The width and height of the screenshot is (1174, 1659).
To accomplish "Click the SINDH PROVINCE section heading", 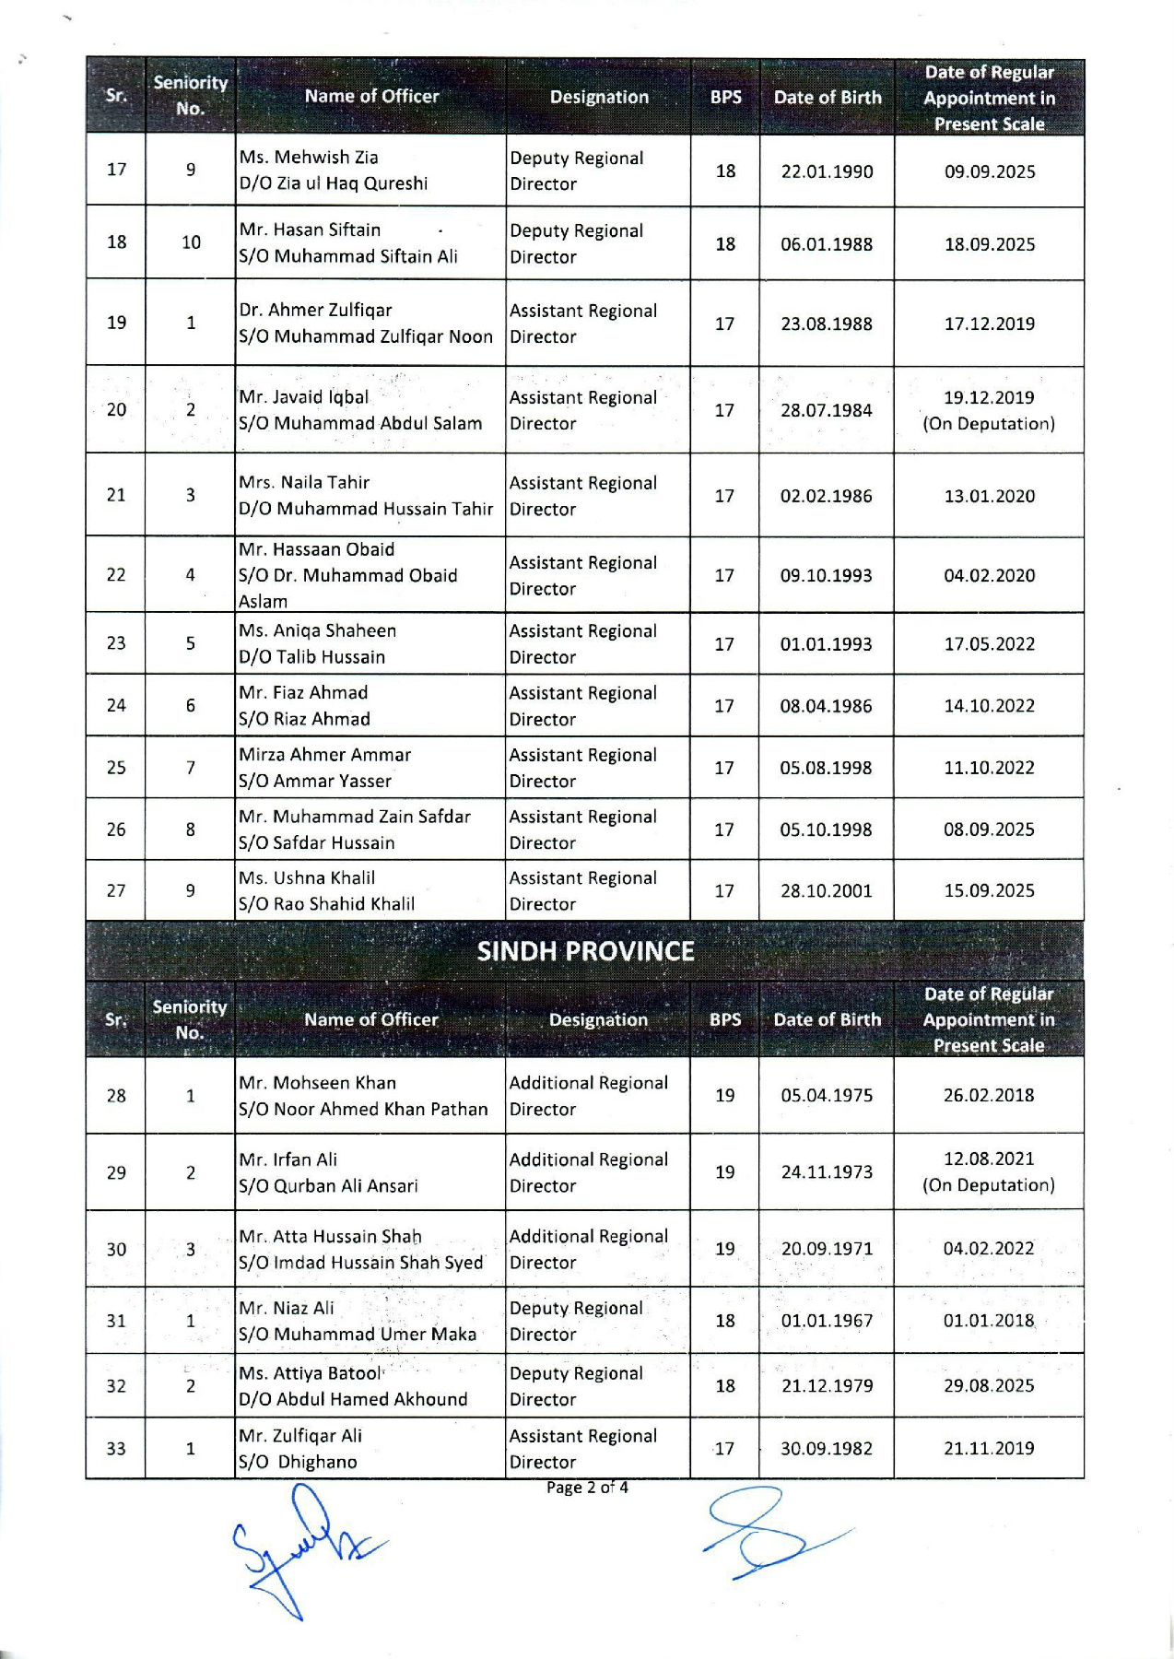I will click(585, 951).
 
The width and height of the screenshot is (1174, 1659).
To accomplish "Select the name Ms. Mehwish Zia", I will click(309, 158).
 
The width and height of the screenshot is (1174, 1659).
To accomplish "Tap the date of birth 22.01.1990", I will click(827, 171).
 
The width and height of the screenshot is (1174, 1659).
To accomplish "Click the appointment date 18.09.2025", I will click(989, 244).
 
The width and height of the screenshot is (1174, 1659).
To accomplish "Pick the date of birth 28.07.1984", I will click(826, 410).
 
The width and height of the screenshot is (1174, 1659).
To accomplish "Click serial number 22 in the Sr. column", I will click(116, 575).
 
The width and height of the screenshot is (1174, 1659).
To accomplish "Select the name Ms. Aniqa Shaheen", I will click(317, 631).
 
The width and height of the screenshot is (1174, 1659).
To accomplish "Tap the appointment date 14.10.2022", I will click(989, 706).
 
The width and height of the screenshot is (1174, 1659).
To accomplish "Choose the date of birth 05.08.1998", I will click(826, 768).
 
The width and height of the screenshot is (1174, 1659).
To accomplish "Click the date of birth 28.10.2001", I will click(826, 891).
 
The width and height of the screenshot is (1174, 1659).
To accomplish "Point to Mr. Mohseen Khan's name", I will click(317, 1083).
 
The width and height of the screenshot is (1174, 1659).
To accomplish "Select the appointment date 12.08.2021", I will click(989, 1159).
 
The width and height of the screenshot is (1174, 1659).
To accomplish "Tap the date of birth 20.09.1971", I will click(827, 1249).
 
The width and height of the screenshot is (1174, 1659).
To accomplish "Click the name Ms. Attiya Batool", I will click(310, 1373).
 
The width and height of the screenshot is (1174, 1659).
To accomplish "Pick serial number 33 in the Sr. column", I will click(116, 1449).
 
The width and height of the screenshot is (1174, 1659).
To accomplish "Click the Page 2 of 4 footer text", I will click(587, 1488).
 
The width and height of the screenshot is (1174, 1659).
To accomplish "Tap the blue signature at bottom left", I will click(295, 1548).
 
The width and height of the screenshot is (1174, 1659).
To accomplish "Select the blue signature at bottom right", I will click(765, 1534).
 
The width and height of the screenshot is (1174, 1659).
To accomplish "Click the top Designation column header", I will click(599, 98).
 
